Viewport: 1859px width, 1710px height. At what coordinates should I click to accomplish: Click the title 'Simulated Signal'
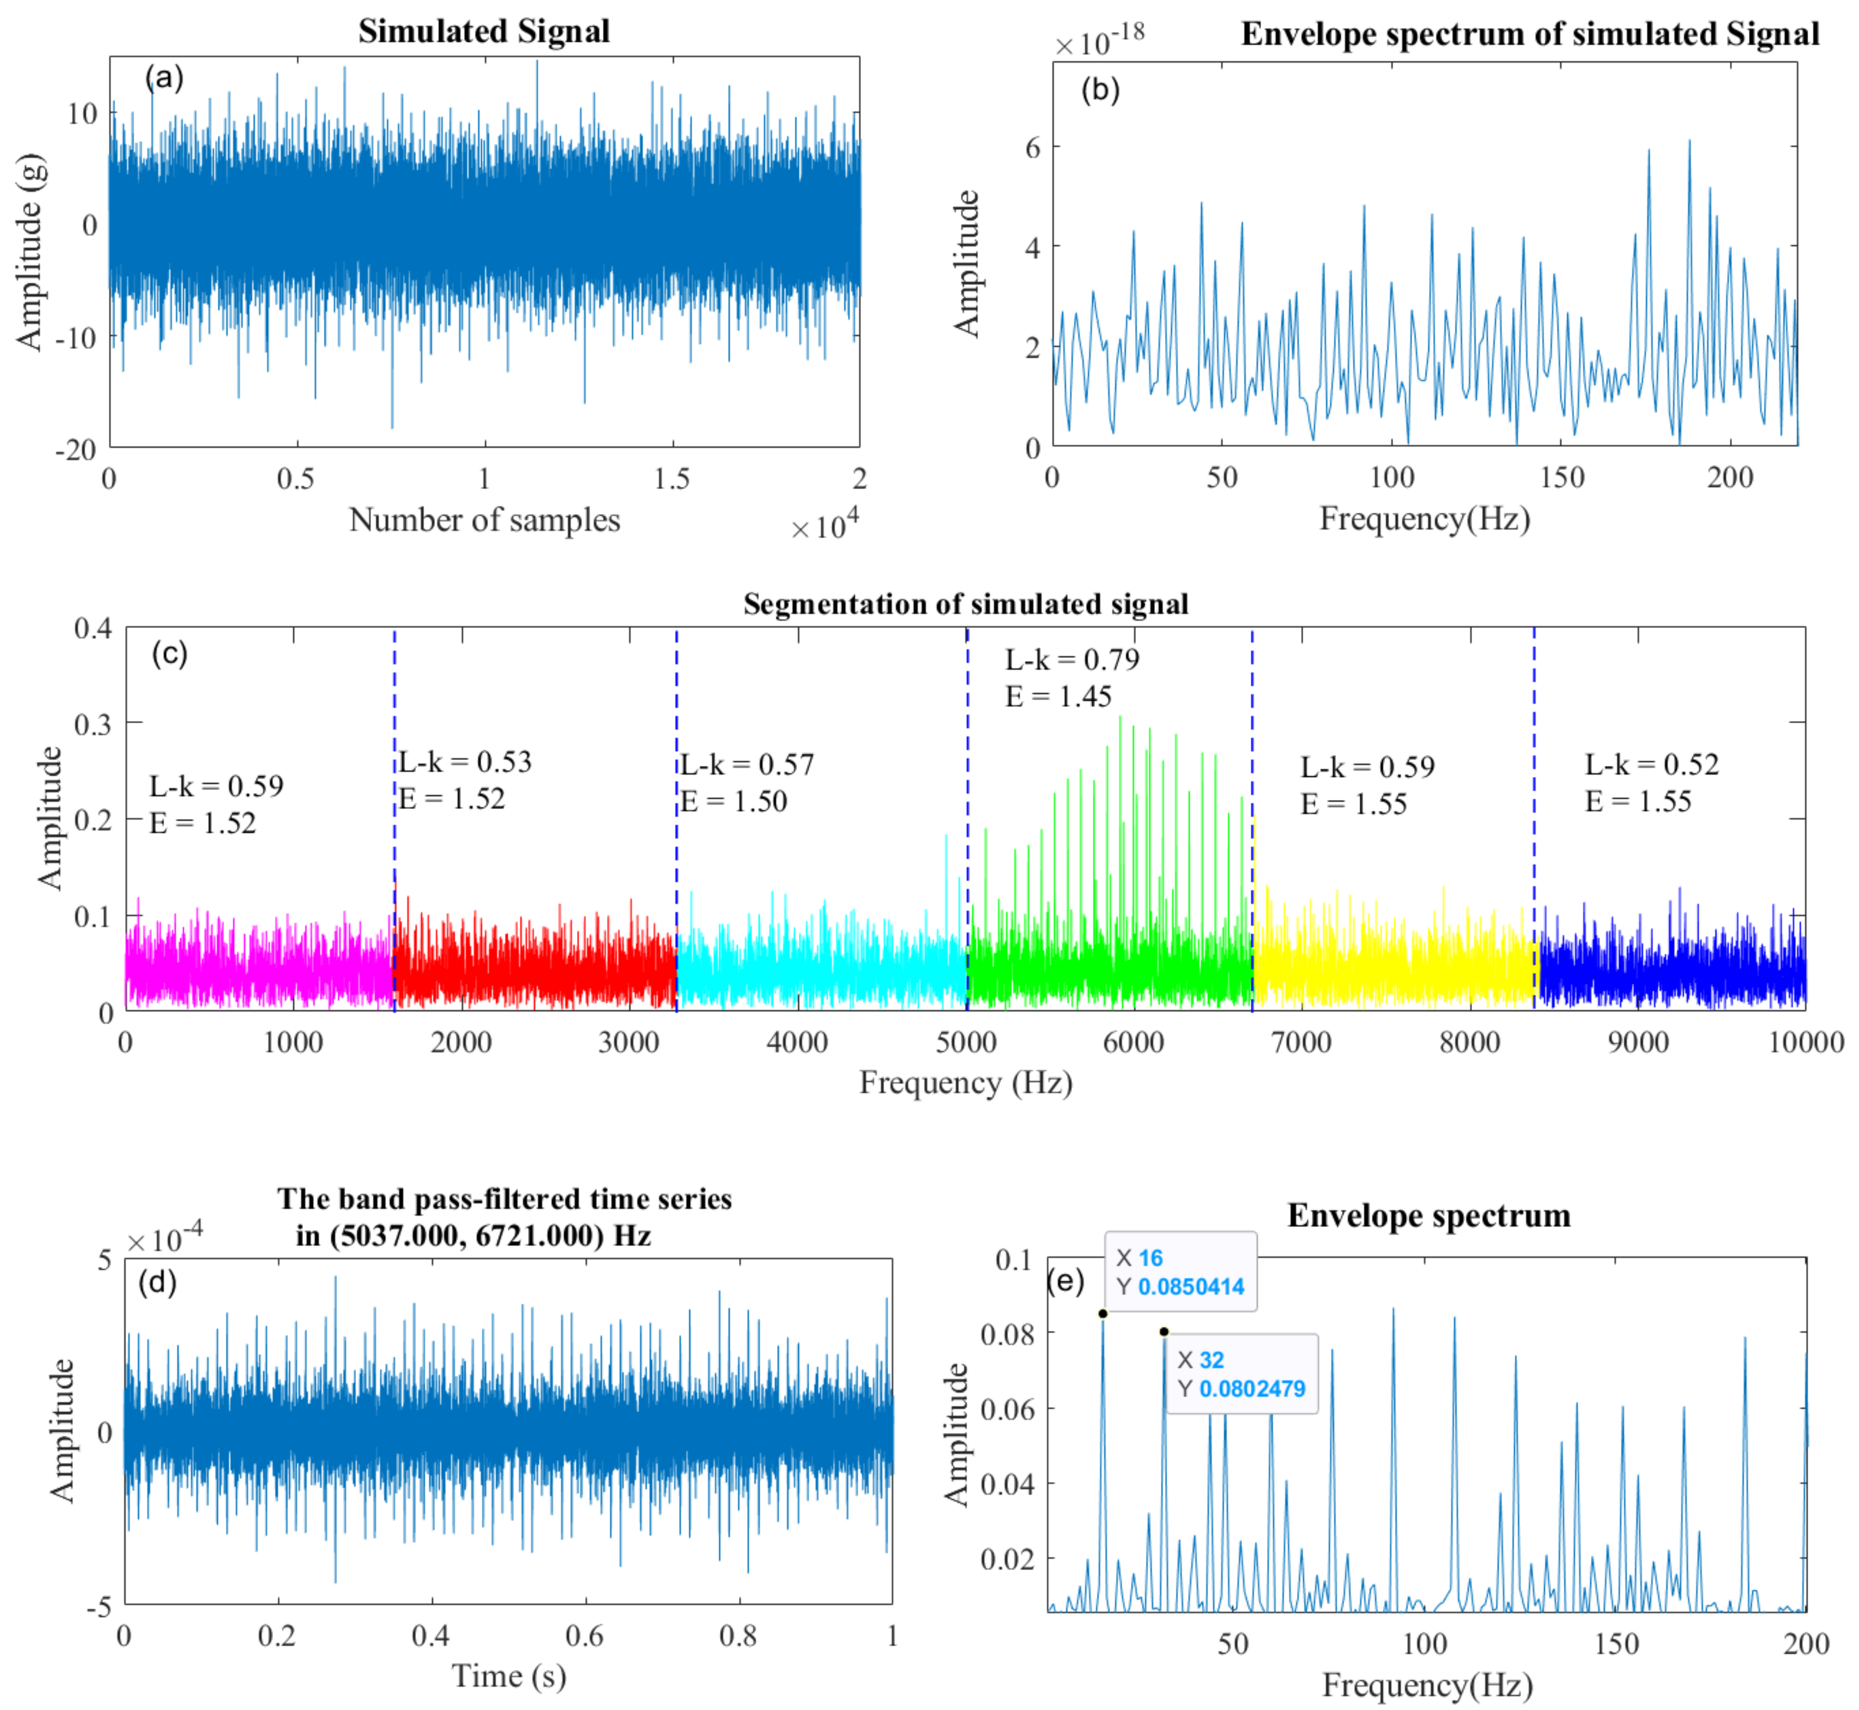484,32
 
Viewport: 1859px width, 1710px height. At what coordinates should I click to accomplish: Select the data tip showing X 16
1181,1272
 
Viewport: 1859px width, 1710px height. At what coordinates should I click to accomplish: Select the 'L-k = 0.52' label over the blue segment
1652,764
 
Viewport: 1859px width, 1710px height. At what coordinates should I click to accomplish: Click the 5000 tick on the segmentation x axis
966,1043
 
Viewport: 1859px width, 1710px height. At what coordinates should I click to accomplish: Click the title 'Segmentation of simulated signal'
965,604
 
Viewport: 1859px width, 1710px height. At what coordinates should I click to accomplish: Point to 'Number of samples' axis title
484,520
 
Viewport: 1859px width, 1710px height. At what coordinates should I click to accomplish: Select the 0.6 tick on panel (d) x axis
585,1636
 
